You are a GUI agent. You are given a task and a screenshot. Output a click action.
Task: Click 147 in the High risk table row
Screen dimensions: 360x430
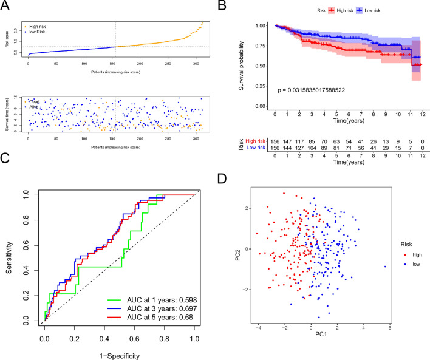[293, 140]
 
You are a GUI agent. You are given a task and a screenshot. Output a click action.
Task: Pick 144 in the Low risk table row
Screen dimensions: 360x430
[293, 148]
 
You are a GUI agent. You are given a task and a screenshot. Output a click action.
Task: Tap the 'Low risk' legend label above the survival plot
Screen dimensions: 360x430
[370, 10]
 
